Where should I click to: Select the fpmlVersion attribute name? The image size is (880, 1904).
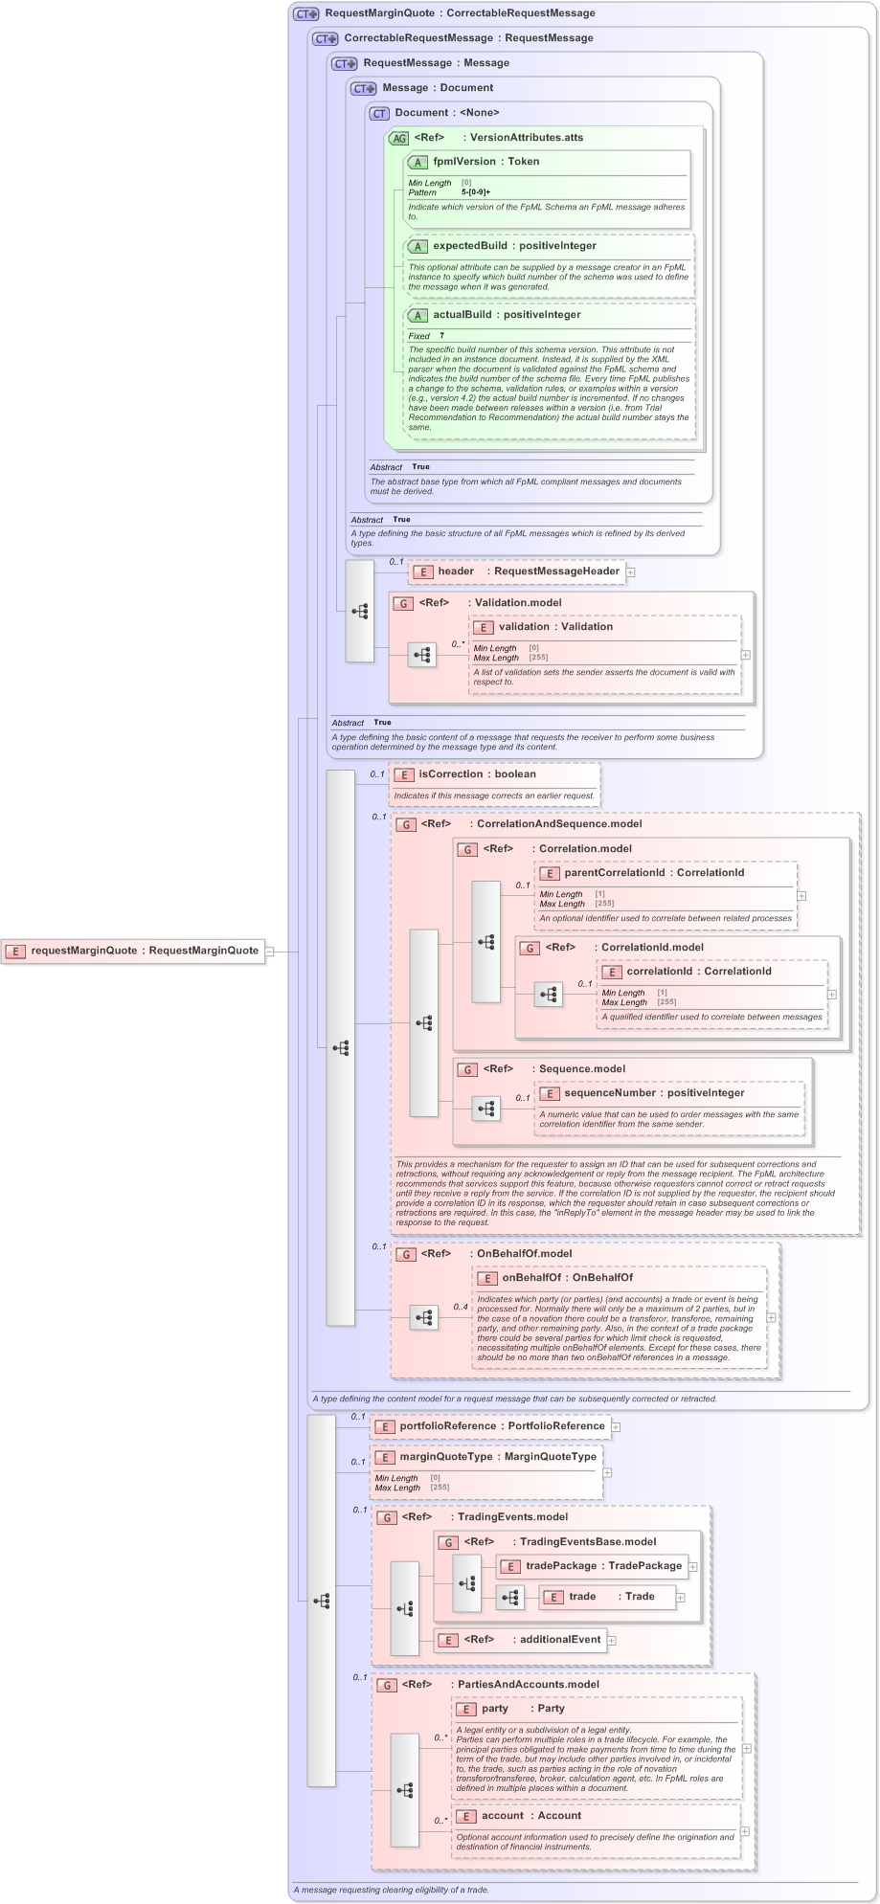[x=463, y=162]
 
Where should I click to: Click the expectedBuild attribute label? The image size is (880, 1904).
[x=469, y=246]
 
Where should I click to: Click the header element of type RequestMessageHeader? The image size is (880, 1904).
[x=456, y=571]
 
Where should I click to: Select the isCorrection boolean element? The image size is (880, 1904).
[x=450, y=774]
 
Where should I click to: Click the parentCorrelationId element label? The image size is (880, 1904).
[x=614, y=873]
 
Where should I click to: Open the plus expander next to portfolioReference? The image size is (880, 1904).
[x=616, y=1426]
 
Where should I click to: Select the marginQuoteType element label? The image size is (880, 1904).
[x=445, y=1457]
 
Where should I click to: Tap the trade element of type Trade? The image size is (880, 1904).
[x=582, y=1597]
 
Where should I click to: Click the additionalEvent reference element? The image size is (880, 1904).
[x=560, y=1640]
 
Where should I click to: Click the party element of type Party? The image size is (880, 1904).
[x=495, y=1709]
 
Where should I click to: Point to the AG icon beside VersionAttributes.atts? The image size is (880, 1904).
[x=399, y=138]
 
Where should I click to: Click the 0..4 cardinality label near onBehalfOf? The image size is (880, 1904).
[x=461, y=1307]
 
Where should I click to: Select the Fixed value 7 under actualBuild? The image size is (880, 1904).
[x=441, y=336]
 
